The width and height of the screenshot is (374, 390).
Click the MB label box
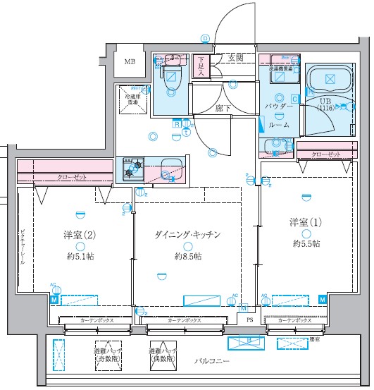130,63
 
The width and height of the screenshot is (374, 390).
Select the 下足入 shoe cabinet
201,66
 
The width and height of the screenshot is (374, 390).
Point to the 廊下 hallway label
224,109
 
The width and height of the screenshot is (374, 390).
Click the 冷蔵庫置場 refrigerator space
132,99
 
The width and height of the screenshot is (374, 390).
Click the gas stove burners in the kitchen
134,169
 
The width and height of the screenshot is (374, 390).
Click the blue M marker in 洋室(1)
322,299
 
